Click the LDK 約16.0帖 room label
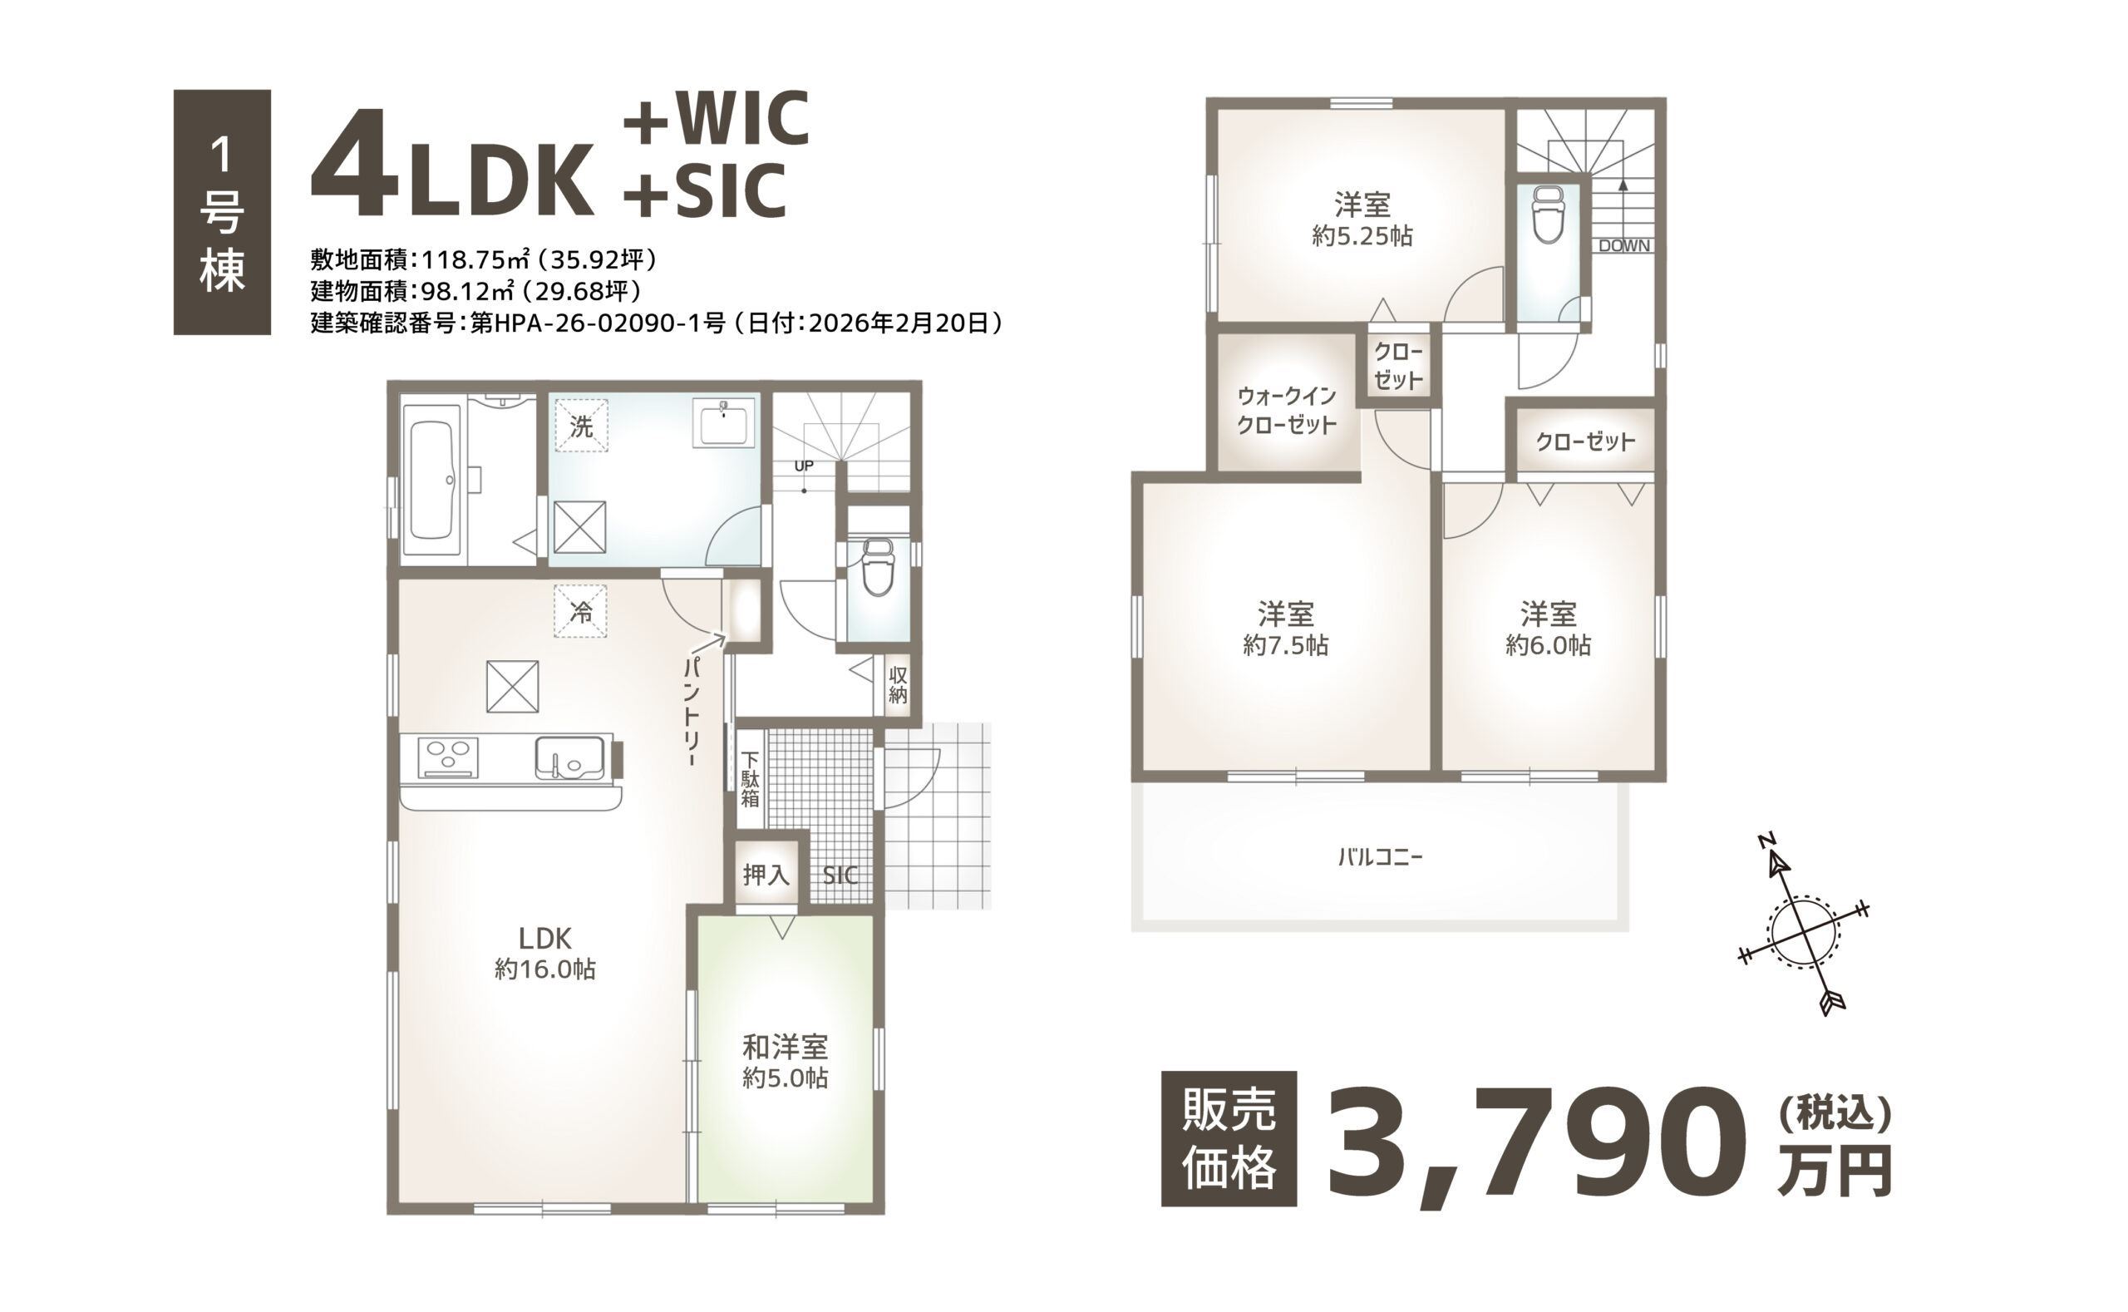pos(544,953)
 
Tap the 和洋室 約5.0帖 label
pos(785,1062)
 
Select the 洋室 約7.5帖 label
pos(1285,629)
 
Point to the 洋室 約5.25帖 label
pos(1362,219)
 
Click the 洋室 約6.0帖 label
pos(1548,629)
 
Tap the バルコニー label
pos(1379,857)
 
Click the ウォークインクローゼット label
pos(1287,411)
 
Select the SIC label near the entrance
pos(840,875)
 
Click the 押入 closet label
pos(766,874)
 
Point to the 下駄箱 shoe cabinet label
pos(751,779)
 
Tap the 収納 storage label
pos(898,685)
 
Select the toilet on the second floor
pos(1548,215)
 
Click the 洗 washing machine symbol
pos(581,425)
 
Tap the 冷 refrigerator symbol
pos(580,612)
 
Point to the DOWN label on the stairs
pos(1624,245)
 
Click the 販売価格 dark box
pos(1229,1138)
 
